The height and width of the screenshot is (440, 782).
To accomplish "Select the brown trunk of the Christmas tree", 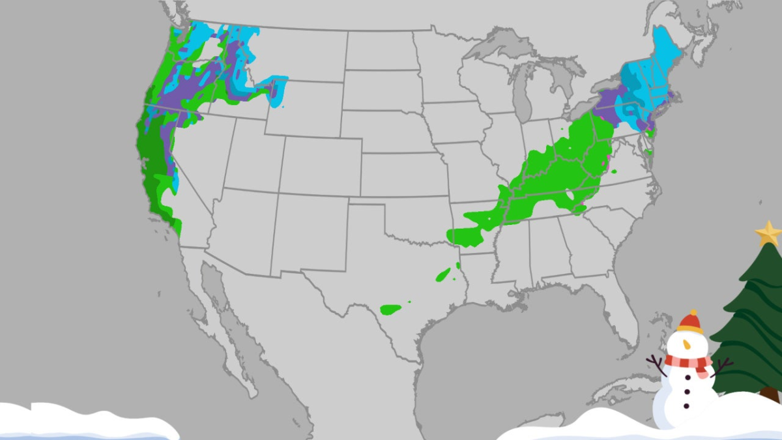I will point(770,394).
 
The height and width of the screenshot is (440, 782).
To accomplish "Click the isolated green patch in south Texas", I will point(391,308).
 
